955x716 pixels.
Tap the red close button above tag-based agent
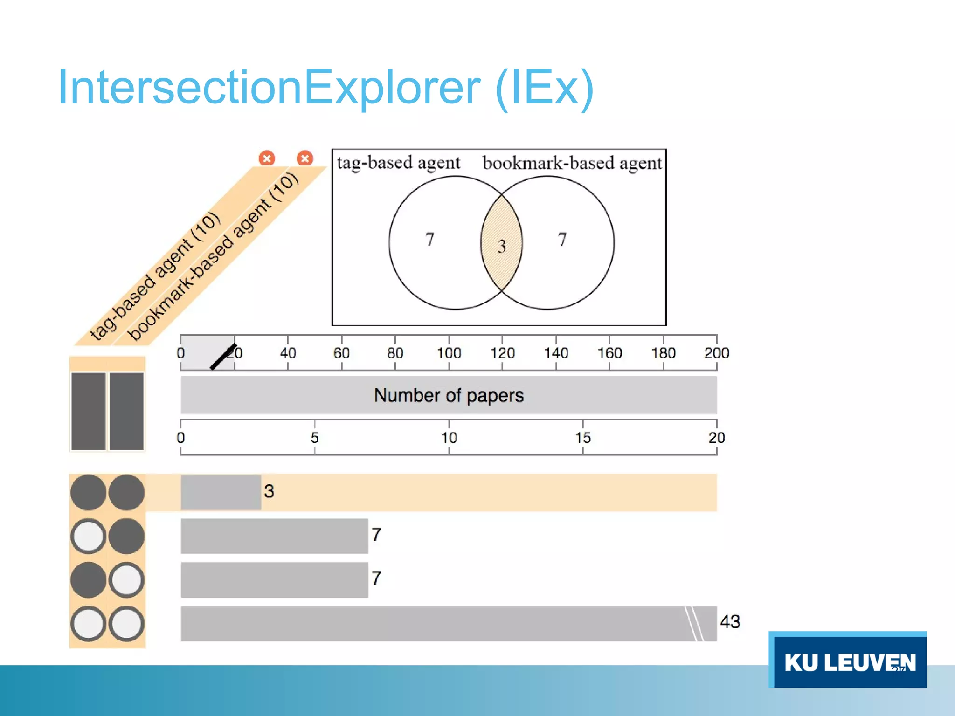[267, 158]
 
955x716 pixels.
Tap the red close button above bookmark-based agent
[305, 158]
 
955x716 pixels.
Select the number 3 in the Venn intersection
[502, 246]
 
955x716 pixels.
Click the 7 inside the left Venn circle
[429, 240]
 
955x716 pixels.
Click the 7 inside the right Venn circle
[562, 240]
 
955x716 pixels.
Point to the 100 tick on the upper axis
[449, 353]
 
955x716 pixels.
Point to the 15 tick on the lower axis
[582, 437]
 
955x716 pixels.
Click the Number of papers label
[449, 395]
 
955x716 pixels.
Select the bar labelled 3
[221, 492]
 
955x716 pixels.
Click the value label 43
[730, 622]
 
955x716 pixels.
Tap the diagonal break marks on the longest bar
[694, 624]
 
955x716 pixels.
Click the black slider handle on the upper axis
[223, 357]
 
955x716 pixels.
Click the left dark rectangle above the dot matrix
[88, 411]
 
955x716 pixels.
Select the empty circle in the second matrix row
[88, 536]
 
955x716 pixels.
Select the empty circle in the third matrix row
[126, 580]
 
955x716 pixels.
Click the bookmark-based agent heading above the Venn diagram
[572, 163]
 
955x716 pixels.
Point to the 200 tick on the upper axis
[716, 353]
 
